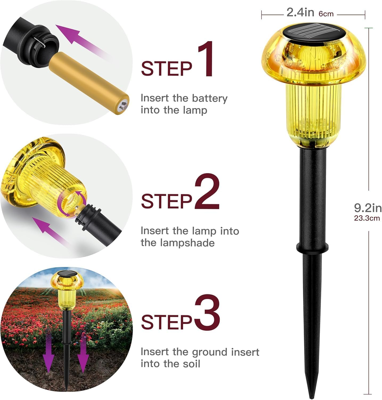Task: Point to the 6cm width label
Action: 326,14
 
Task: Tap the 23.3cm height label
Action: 367,218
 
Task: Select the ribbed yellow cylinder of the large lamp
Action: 314,112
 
